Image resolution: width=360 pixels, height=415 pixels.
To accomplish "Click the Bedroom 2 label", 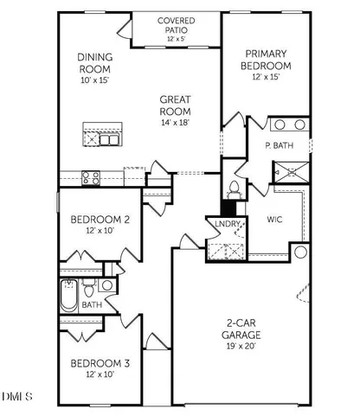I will pos(100,220).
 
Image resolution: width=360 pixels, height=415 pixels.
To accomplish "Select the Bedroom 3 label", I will pos(100,364).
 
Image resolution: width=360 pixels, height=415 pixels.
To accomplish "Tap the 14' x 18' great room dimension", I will pos(175,122).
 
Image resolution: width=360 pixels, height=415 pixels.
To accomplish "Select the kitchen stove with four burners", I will pos(91,177).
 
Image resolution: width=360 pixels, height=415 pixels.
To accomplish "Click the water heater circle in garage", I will pos(299,252).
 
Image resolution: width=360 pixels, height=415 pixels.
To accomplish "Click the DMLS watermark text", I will pos(18,397).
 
